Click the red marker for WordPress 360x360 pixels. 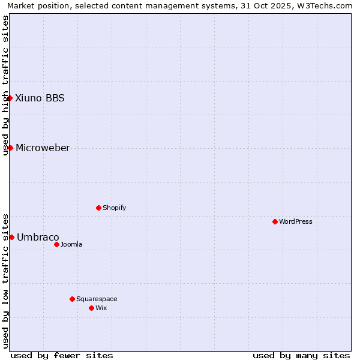(275, 221)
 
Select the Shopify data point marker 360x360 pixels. (98, 208)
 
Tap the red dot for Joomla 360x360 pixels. (56, 244)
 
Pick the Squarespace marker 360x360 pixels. (72, 299)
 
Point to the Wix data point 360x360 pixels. (91, 308)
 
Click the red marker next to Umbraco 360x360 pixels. (11, 237)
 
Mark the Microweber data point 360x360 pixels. (10, 148)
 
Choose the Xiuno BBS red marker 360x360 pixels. (10, 98)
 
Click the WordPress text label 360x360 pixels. (296, 221)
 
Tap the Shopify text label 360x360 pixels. (114, 208)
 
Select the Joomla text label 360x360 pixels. (71, 244)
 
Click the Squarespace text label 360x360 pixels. (97, 299)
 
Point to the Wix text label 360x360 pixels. (101, 308)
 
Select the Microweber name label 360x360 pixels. (43, 148)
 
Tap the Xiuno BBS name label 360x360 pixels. (40, 98)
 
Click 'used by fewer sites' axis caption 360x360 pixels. (62, 355)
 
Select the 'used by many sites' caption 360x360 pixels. (301, 355)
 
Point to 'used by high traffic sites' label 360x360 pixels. (5, 85)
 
